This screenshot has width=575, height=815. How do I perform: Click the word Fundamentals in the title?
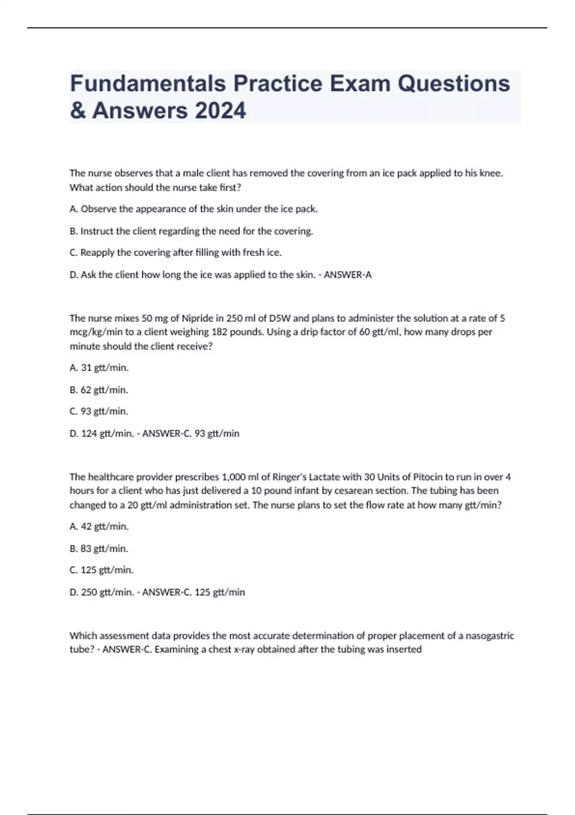148,84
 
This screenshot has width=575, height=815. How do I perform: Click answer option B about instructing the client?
191,231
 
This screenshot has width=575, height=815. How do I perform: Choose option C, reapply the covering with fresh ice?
175,253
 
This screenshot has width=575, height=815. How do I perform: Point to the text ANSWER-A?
347,275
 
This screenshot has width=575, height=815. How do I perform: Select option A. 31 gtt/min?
99,368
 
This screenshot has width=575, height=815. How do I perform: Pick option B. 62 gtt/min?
99,390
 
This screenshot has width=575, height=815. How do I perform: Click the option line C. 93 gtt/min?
99,411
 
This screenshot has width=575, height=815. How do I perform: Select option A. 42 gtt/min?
99,526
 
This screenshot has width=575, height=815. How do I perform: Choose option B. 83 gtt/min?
99,548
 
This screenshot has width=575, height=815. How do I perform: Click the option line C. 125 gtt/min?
102,570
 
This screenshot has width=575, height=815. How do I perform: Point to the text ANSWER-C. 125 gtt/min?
194,592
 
